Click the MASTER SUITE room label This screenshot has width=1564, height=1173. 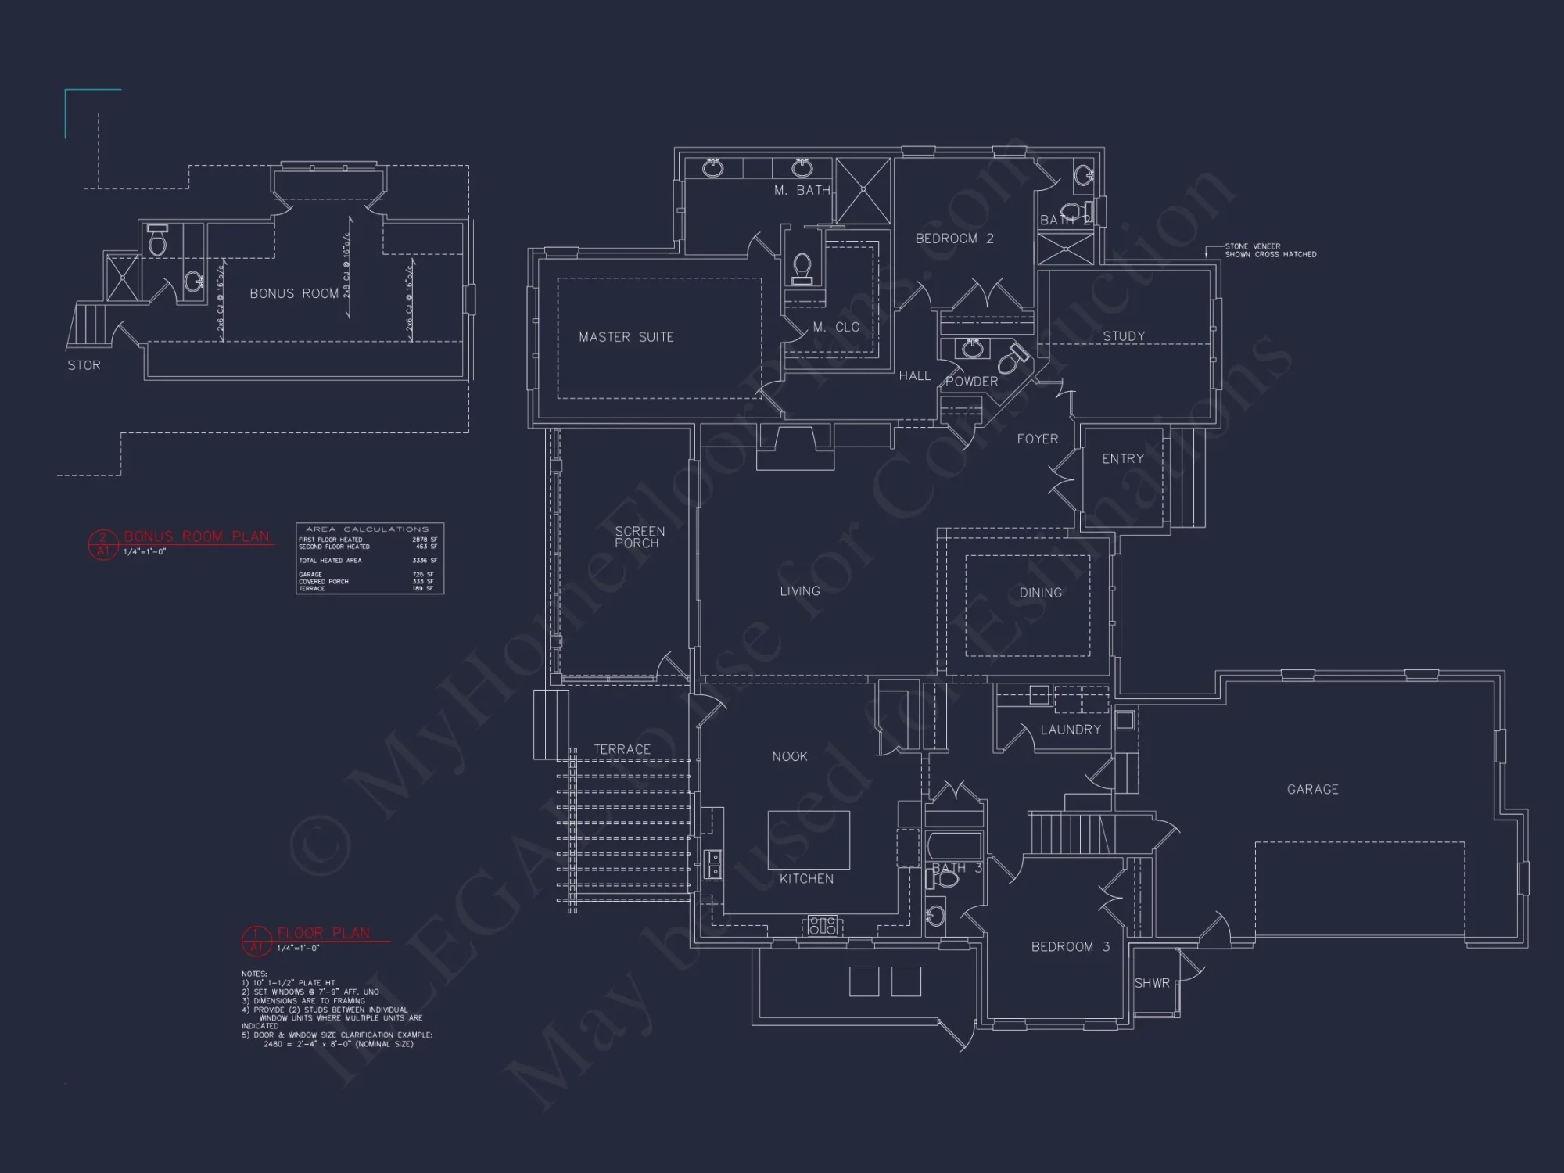click(626, 337)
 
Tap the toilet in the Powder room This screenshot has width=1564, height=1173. click(1014, 360)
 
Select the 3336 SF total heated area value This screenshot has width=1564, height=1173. click(425, 561)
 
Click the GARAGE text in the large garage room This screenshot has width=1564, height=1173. click(1312, 790)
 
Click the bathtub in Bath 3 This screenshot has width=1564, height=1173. click(954, 845)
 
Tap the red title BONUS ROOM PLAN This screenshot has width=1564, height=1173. click(196, 536)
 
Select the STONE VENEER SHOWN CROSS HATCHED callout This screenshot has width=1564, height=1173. click(1270, 250)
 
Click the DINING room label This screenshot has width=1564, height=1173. click(1040, 593)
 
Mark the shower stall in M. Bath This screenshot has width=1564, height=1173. click(863, 191)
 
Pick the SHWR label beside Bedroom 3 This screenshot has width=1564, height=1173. click(1152, 983)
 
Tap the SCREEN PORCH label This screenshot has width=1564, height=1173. click(639, 537)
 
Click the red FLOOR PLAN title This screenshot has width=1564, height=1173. click(323, 933)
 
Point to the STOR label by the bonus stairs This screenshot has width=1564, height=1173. click(84, 365)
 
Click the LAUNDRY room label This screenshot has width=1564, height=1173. click(1070, 730)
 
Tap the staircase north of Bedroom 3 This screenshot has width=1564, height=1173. click(1069, 834)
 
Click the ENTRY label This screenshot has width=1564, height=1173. click(1122, 459)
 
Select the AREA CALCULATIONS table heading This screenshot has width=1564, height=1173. click(367, 529)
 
